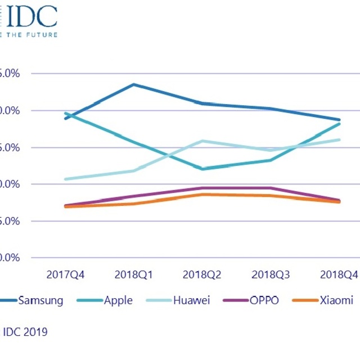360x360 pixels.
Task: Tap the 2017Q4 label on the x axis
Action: (66, 275)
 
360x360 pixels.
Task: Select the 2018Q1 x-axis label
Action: (134, 275)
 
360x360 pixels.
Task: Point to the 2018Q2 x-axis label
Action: (202, 275)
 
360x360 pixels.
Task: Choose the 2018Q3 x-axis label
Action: (271, 275)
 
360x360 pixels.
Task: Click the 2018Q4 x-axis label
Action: (339, 275)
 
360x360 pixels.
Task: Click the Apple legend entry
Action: (118, 300)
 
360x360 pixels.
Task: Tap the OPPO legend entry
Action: (263, 300)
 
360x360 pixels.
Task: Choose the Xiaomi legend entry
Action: (336, 300)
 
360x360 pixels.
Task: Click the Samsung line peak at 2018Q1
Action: (133, 84)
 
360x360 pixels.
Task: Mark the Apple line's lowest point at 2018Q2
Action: (202, 169)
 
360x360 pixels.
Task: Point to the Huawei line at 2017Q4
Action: (66, 179)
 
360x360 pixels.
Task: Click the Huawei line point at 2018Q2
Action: (202, 141)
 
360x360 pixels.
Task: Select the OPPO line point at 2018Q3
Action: (271, 188)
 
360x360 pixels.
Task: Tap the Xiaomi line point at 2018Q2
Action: (202, 194)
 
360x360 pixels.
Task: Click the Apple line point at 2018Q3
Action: (271, 160)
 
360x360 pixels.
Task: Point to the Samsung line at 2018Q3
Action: (271, 109)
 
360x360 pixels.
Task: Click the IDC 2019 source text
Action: (25, 332)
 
